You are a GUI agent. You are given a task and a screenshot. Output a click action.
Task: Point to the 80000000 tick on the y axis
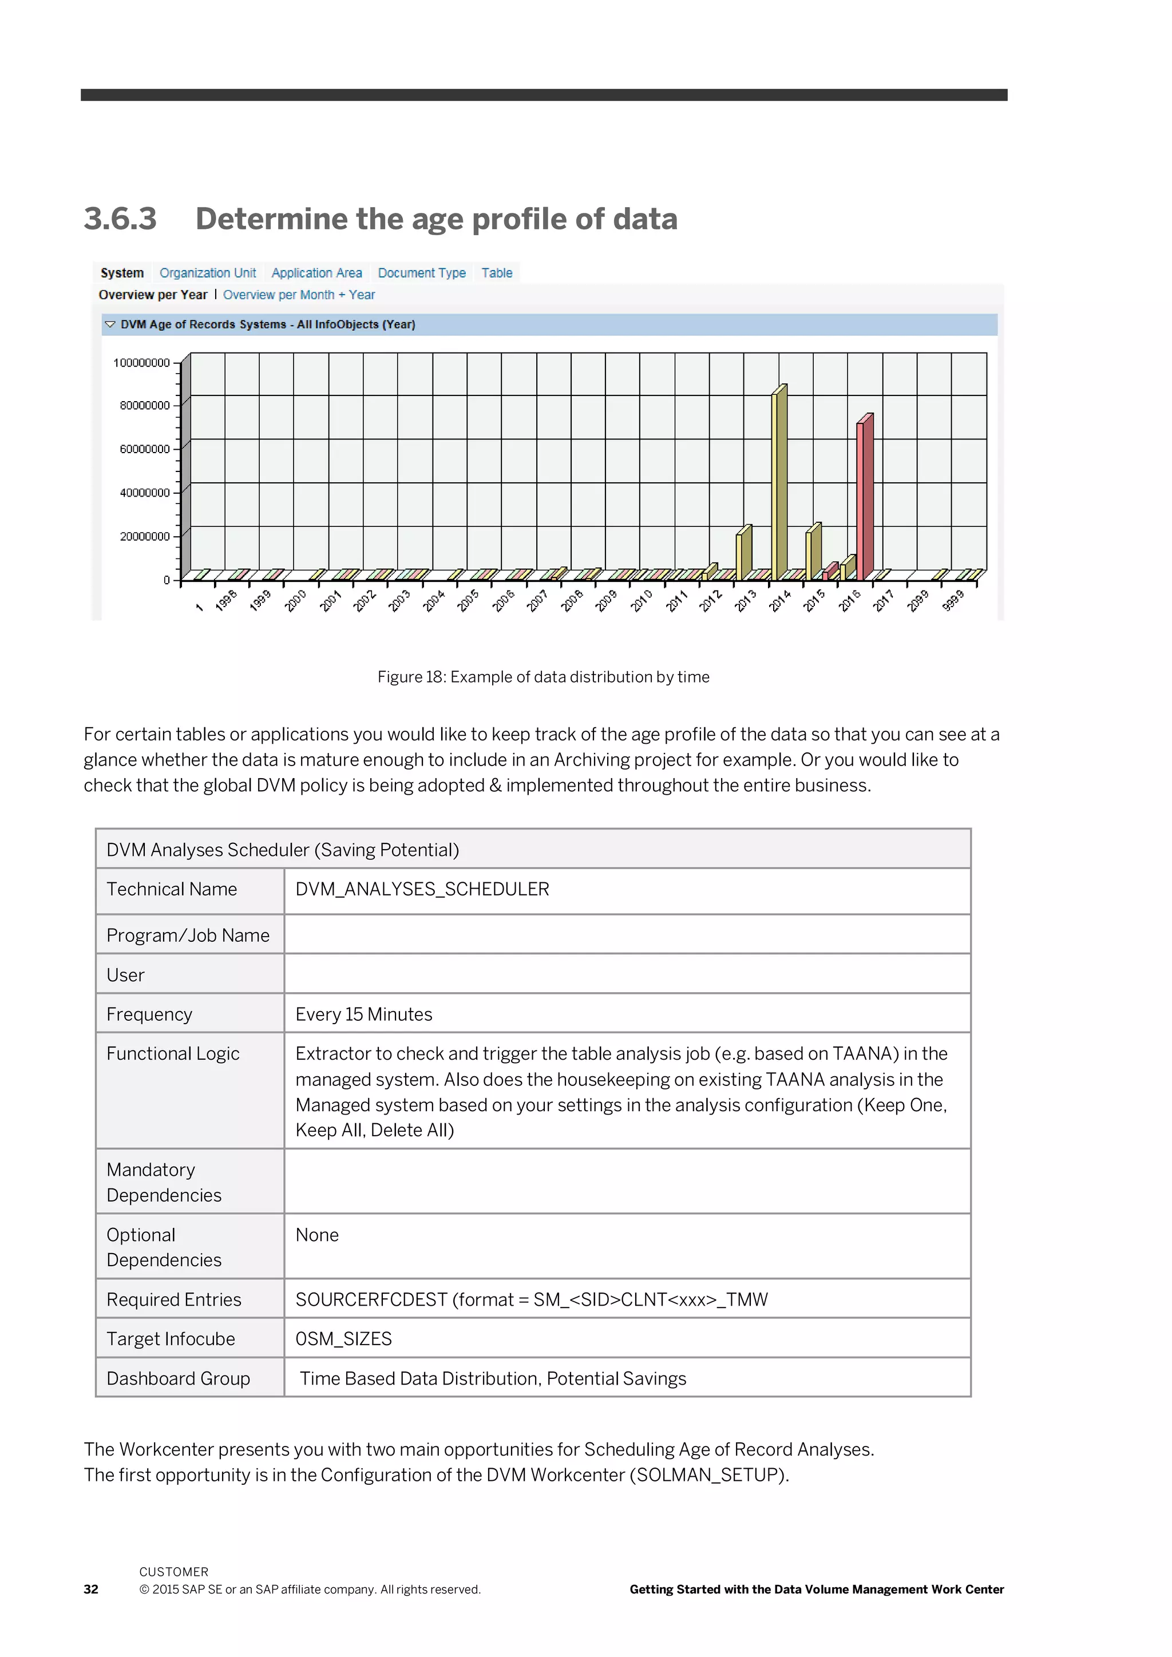point(144,406)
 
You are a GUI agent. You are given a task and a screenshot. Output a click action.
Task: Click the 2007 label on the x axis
point(537,600)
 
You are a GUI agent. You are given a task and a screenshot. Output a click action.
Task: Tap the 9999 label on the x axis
point(953,600)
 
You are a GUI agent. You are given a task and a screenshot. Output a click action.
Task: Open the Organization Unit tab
point(207,273)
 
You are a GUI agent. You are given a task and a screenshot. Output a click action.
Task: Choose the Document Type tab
point(421,273)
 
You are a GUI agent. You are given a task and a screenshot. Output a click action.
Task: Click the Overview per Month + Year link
point(299,295)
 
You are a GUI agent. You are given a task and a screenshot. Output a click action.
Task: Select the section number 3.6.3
point(120,219)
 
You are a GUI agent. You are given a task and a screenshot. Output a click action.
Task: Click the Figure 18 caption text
point(543,677)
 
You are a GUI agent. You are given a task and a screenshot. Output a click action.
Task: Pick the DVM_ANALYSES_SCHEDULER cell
point(422,889)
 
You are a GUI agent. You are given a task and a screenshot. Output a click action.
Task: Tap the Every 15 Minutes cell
point(364,1014)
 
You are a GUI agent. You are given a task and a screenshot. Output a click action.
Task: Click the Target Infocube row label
point(171,1339)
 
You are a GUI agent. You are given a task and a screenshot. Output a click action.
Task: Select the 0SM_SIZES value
point(343,1339)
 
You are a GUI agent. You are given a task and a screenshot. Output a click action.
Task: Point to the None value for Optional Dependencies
point(317,1235)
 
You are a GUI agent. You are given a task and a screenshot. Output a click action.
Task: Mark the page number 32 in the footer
point(91,1589)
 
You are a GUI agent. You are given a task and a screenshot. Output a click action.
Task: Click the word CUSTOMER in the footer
point(173,1572)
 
